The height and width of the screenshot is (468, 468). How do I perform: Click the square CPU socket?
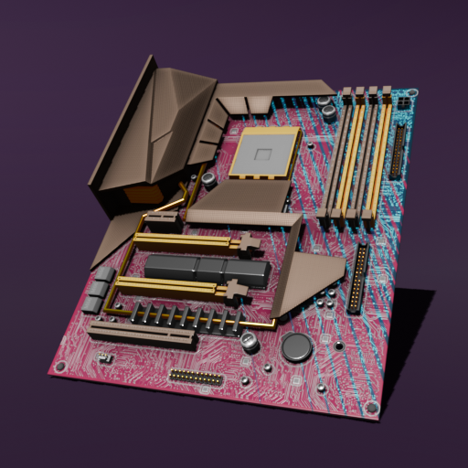(x=265, y=152)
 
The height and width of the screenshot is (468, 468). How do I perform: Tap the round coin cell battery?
(x=296, y=346)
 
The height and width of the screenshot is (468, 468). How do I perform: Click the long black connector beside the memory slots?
(x=399, y=152)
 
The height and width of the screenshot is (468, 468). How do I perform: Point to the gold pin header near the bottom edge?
(x=196, y=377)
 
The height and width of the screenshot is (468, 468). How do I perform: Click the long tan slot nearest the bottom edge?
(x=142, y=334)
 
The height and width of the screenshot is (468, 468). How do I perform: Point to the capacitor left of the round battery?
(x=250, y=342)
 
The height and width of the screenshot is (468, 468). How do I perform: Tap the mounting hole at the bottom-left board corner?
(x=61, y=367)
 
